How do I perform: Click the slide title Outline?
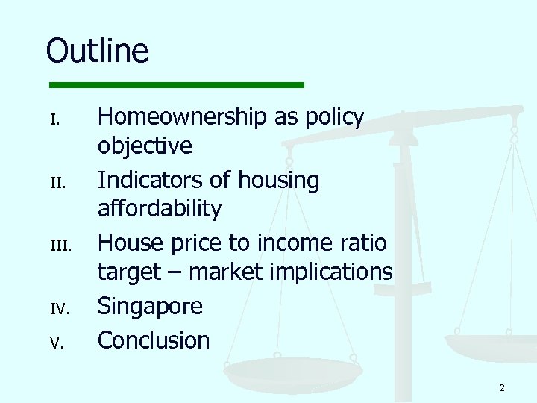[97, 51]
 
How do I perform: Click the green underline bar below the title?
[177, 85]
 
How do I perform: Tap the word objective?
[145, 146]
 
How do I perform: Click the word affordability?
[160, 209]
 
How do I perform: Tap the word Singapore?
[150, 307]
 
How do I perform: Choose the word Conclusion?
[154, 340]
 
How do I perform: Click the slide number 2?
[502, 387]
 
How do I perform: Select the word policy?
[330, 117]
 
